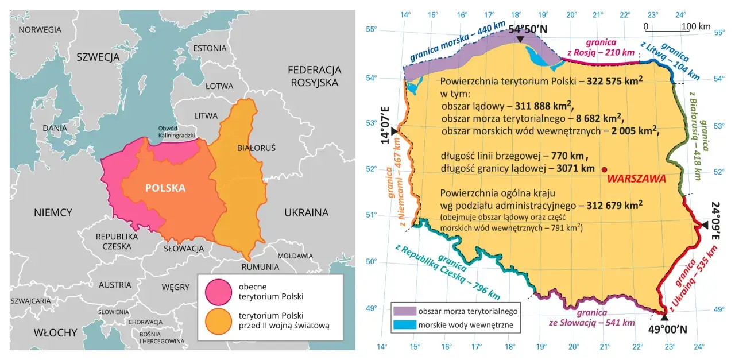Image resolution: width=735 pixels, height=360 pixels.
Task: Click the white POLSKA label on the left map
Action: coord(165,188)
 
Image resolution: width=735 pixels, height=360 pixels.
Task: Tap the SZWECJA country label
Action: coord(98,57)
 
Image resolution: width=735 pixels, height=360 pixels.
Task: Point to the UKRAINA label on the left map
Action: coord(306,212)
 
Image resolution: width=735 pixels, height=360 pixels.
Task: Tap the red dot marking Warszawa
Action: coord(604,169)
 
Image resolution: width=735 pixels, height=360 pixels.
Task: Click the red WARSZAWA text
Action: coord(636,179)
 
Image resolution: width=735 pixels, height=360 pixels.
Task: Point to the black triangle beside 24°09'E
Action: coord(705,226)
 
